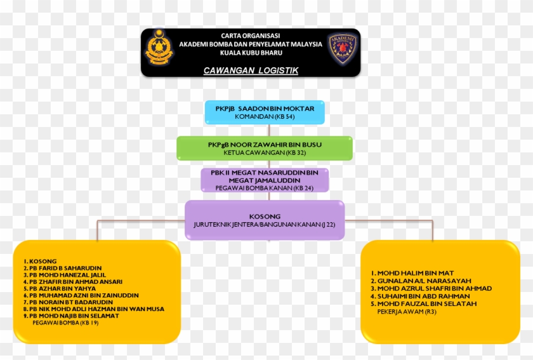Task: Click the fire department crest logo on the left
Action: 159,50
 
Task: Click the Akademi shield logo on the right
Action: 343,50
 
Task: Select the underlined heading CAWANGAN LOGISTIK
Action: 251,70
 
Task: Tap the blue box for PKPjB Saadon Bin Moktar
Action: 265,112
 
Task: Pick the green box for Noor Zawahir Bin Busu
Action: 265,148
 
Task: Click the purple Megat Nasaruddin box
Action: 265,180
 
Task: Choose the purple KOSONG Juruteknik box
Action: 265,220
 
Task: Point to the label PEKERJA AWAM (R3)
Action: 407,312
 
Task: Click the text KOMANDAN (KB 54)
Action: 265,117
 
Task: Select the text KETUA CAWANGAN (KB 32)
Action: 265,152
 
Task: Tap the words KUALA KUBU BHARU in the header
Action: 251,53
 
